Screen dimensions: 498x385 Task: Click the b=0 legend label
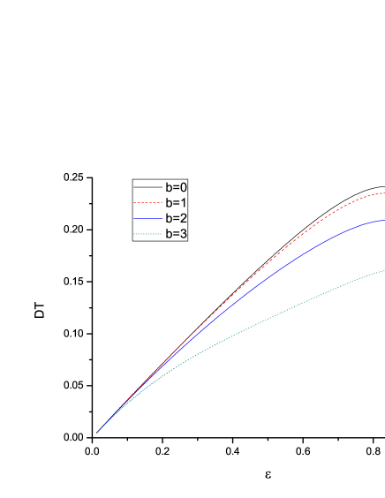click(x=176, y=187)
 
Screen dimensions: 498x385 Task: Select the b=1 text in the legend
click(x=176, y=202)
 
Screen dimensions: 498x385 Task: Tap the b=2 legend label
click(x=176, y=218)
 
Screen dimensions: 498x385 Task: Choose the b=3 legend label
click(x=176, y=234)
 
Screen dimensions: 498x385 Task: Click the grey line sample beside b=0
click(x=147, y=187)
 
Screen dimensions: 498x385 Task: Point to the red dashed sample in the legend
click(x=147, y=203)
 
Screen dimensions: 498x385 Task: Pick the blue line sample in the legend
click(x=147, y=218)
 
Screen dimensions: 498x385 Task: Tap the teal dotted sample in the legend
click(x=147, y=234)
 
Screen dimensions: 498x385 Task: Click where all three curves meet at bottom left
click(x=97, y=433)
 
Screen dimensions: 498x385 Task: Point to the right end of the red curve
click(x=382, y=192)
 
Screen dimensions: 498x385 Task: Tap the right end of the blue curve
click(x=382, y=220)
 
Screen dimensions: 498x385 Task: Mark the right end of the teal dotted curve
click(x=382, y=271)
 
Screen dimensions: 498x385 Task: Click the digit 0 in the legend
click(x=184, y=187)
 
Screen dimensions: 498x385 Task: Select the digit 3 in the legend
click(x=184, y=234)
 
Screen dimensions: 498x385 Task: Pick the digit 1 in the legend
click(x=184, y=202)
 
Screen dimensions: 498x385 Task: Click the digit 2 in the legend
click(x=184, y=218)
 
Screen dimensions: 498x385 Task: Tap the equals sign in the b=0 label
click(x=176, y=188)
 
